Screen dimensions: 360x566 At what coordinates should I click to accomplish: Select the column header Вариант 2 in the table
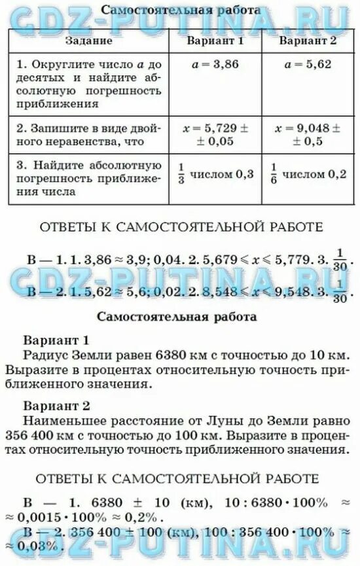point(308,41)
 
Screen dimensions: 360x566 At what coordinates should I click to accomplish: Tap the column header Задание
point(89,41)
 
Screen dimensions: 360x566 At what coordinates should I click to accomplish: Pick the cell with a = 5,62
point(308,65)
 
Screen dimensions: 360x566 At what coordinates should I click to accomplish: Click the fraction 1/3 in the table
point(182,175)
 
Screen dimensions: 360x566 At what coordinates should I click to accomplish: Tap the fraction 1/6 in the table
point(274,175)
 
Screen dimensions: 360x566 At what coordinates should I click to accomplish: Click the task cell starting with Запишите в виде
point(89,134)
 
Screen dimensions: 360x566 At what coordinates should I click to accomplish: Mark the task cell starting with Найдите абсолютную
point(89,177)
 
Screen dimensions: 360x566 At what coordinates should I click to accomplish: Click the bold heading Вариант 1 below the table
point(56,340)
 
